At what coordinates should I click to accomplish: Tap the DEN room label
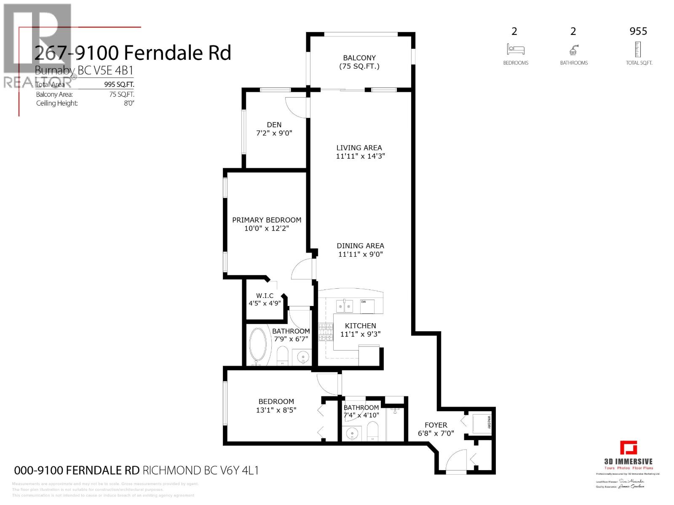pyautogui.click(x=274, y=125)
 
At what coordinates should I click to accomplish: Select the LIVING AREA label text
pyautogui.click(x=359, y=148)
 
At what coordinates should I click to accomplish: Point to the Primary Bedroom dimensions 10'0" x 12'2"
pyautogui.click(x=267, y=229)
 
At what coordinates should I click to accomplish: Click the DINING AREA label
pyautogui.click(x=360, y=246)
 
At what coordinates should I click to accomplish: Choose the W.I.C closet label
pyautogui.click(x=265, y=296)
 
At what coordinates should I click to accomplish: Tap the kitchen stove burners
pyautogui.click(x=325, y=332)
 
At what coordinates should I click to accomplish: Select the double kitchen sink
pyautogui.click(x=344, y=306)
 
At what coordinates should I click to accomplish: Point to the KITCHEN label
pyautogui.click(x=360, y=326)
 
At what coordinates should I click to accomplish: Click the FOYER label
pyautogui.click(x=436, y=425)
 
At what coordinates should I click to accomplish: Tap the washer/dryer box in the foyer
pyautogui.click(x=481, y=423)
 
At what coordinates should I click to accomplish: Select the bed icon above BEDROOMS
pyautogui.click(x=516, y=50)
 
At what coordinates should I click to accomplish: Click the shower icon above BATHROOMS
pyautogui.click(x=573, y=50)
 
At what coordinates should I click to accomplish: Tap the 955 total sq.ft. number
pyautogui.click(x=638, y=31)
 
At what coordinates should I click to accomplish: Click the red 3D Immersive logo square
pyautogui.click(x=628, y=448)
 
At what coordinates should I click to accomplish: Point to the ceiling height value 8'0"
pyautogui.click(x=128, y=104)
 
